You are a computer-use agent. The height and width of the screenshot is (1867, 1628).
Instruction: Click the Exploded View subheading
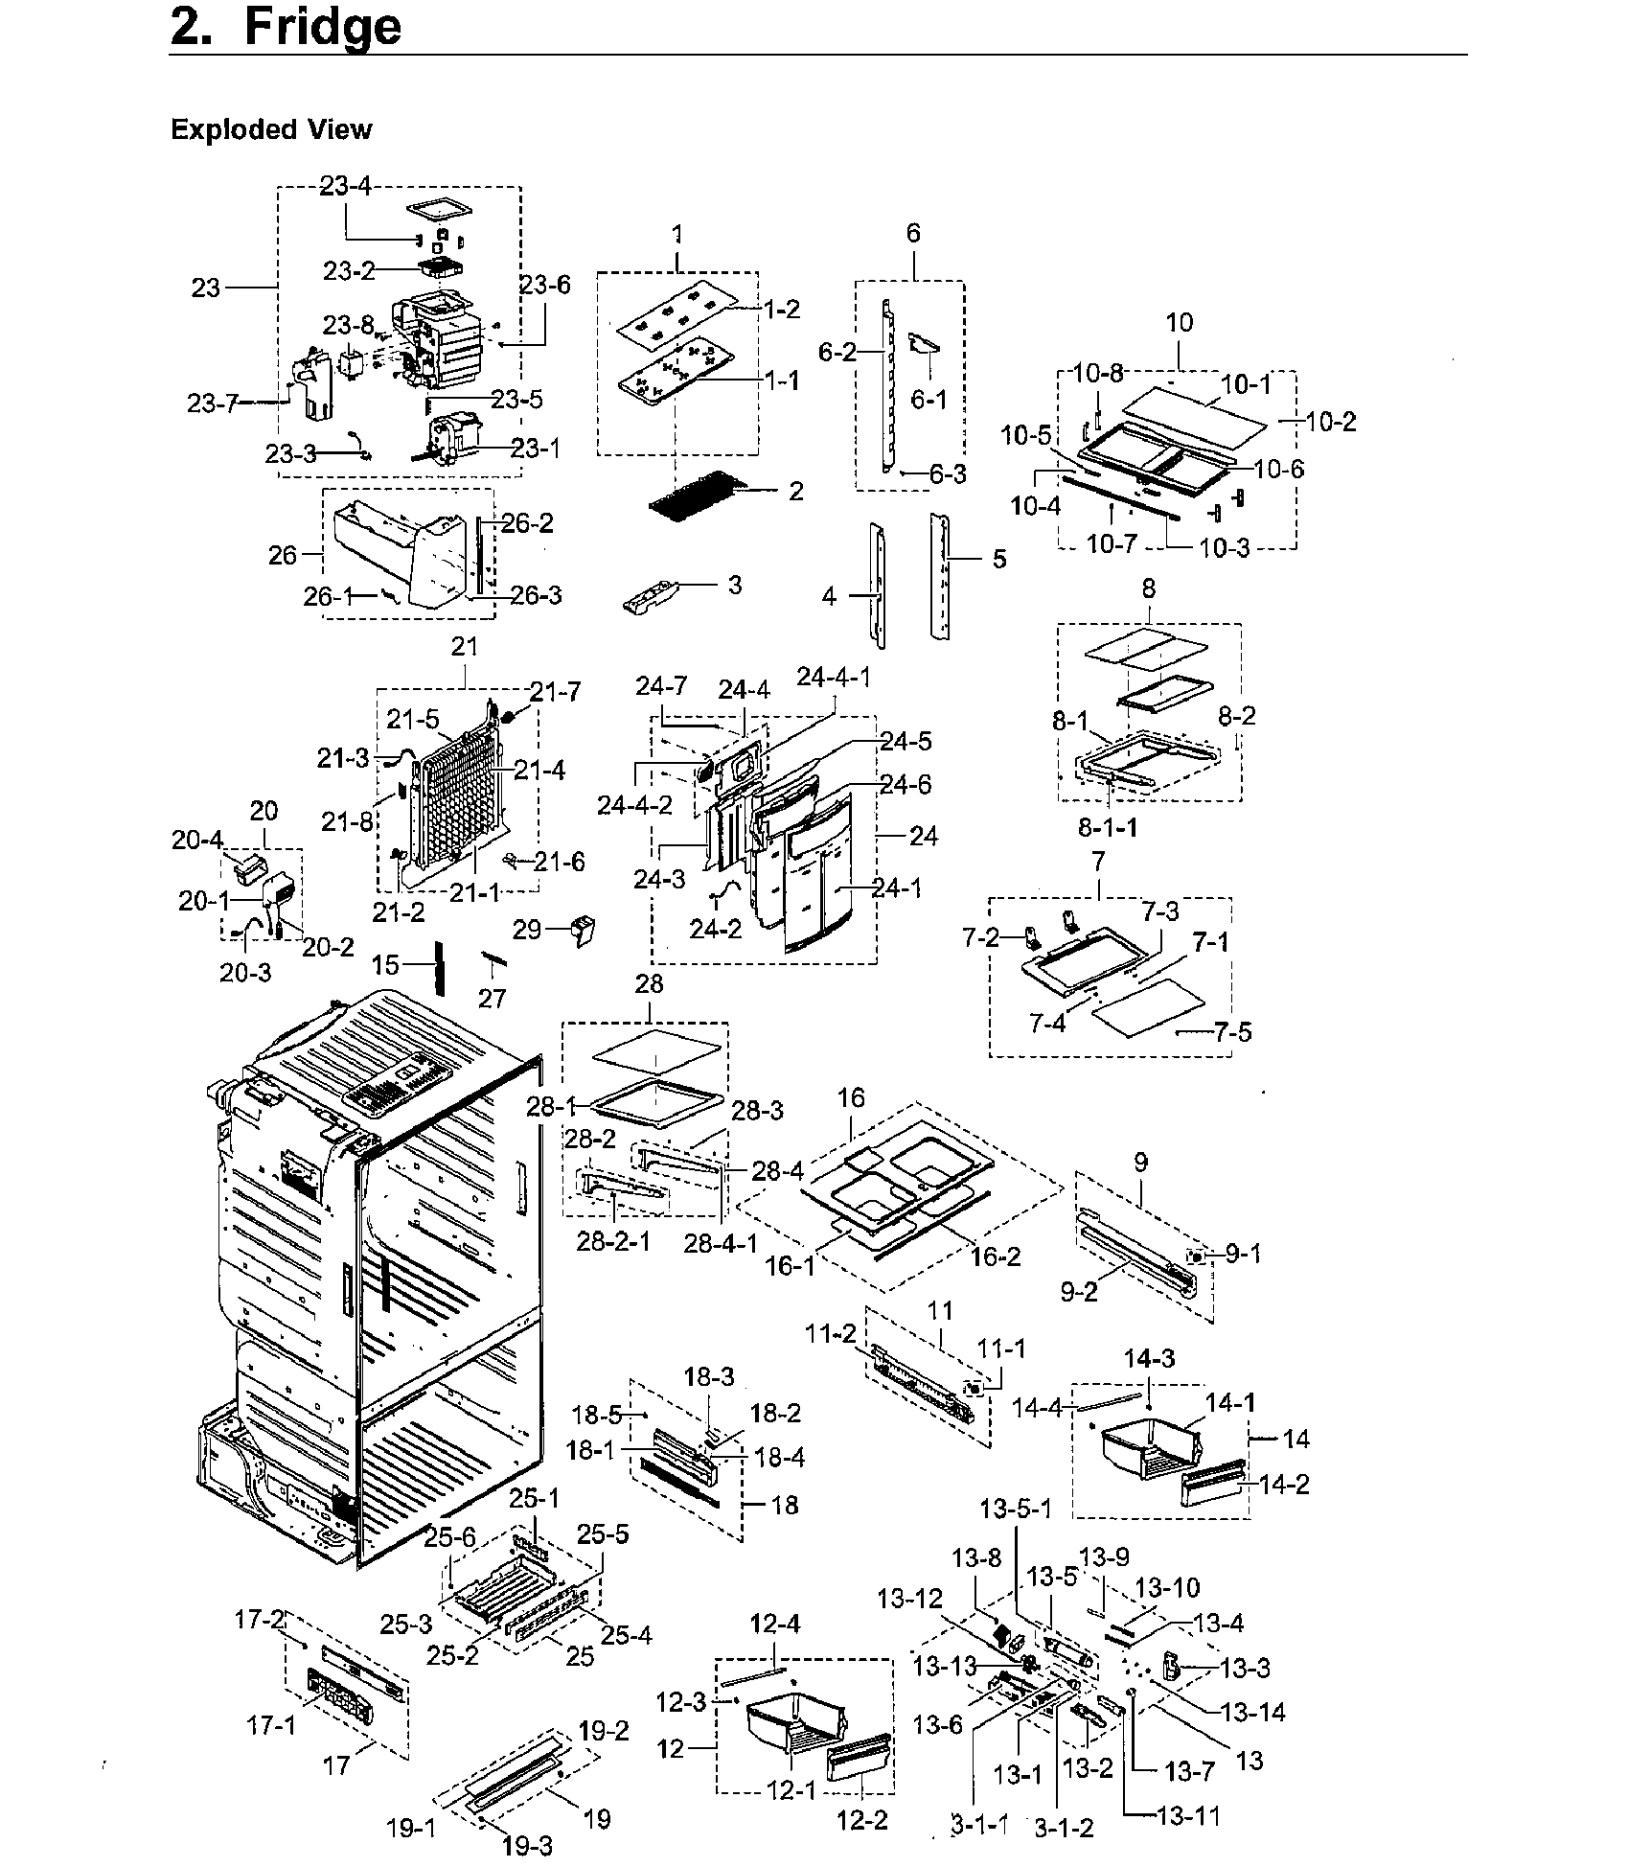(x=271, y=129)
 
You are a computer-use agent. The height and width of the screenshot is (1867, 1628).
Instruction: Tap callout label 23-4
(x=345, y=186)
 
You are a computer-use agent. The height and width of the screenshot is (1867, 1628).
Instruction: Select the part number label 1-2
(x=782, y=310)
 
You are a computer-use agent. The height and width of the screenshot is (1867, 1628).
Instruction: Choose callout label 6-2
(x=837, y=353)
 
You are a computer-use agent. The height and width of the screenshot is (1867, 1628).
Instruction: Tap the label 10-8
(x=1097, y=375)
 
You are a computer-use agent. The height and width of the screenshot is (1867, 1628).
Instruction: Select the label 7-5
(x=1232, y=1032)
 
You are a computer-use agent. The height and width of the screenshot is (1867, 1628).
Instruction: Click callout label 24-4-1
(x=834, y=678)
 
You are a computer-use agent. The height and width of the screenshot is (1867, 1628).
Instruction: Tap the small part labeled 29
(x=582, y=929)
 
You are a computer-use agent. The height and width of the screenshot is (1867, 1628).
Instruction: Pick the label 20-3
(x=245, y=973)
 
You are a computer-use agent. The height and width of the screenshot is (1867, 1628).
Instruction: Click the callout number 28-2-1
(x=613, y=1242)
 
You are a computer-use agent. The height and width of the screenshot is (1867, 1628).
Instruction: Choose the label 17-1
(x=271, y=1726)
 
